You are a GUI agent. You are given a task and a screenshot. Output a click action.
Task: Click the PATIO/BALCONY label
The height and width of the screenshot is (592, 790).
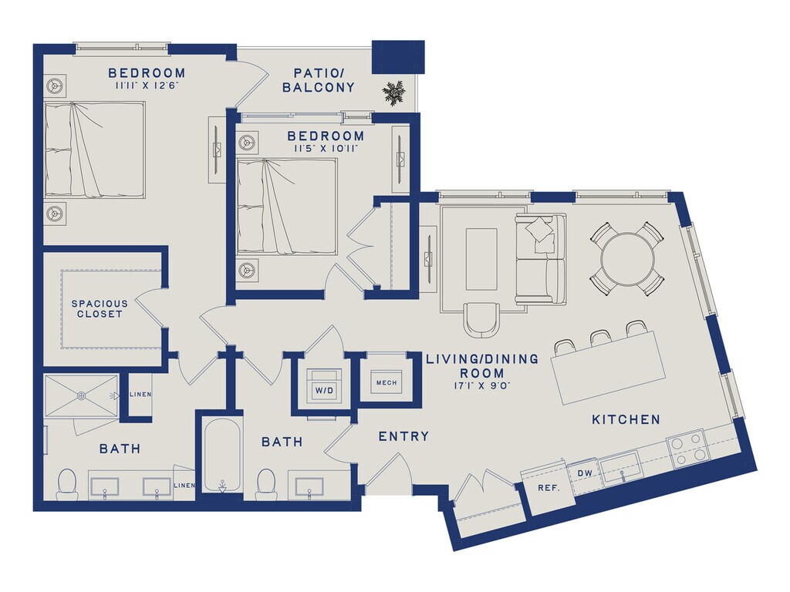[319, 80]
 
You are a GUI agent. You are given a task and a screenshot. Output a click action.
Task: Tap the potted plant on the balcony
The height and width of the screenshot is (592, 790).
[393, 92]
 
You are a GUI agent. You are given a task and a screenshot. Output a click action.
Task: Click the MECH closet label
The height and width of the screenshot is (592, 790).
[387, 382]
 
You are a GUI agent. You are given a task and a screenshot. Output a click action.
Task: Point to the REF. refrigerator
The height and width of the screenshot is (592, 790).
[549, 487]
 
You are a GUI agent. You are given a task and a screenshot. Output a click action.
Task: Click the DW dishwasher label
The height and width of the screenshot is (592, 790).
[585, 474]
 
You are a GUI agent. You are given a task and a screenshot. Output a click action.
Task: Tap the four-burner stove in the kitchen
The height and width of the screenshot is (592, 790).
[687, 448]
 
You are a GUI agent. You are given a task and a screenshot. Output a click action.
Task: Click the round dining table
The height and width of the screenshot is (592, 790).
[628, 259]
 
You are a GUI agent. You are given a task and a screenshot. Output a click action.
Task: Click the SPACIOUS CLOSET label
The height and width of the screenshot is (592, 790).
[100, 308]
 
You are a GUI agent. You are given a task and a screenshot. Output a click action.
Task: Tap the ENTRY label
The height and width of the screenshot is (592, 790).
[404, 436]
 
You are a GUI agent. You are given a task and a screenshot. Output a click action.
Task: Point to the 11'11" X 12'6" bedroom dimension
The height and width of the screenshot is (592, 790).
[147, 86]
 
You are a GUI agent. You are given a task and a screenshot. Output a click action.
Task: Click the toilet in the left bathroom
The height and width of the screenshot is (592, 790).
[66, 484]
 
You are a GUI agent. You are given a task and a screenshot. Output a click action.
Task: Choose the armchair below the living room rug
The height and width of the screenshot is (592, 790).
[483, 320]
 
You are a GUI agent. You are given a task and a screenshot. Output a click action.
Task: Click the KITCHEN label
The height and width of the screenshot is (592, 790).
[626, 419]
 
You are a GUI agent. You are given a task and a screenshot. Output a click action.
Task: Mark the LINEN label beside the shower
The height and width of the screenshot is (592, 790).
[140, 394]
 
